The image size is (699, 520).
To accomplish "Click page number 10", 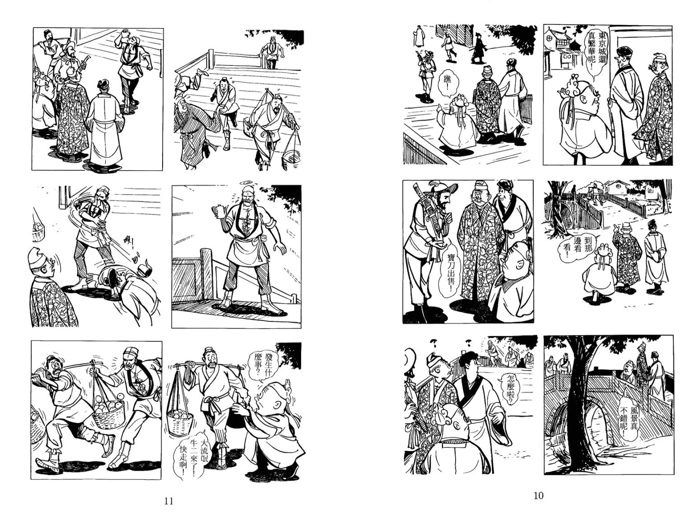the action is pyautogui.click(x=538, y=496).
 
